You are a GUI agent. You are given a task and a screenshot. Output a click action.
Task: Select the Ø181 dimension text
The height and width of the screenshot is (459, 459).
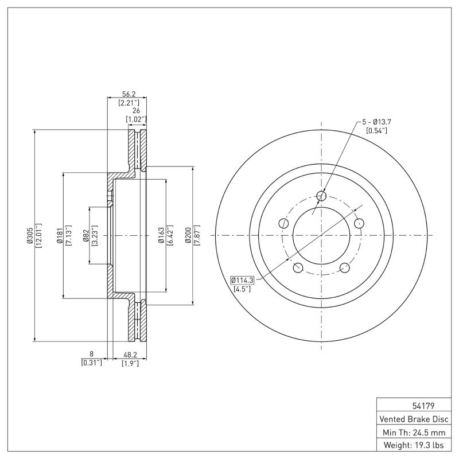coord(59,235)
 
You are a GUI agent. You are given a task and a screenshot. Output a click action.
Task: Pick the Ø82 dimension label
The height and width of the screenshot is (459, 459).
coord(85,235)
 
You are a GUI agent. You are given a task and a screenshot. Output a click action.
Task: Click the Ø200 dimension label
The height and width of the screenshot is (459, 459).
coord(188,235)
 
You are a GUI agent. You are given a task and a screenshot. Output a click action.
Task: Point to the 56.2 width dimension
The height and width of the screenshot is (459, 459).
coord(128,95)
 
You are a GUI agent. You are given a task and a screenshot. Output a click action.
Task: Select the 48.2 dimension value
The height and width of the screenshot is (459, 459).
coord(129,355)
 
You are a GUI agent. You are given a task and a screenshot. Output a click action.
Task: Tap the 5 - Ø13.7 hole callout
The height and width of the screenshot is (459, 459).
coord(376,122)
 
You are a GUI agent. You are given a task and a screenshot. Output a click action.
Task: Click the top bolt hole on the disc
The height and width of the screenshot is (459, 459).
coord(321,197)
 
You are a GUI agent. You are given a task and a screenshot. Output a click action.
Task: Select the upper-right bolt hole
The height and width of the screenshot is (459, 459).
coord(359,223)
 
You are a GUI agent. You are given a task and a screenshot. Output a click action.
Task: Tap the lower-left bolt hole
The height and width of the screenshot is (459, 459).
coord(298,267)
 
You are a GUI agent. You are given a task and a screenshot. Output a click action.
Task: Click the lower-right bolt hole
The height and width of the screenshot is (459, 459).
coord(345,267)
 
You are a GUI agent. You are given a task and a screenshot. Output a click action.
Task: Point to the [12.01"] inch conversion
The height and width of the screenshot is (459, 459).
coord(38,235)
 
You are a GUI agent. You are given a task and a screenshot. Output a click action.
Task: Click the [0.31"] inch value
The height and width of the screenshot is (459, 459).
coord(91,363)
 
